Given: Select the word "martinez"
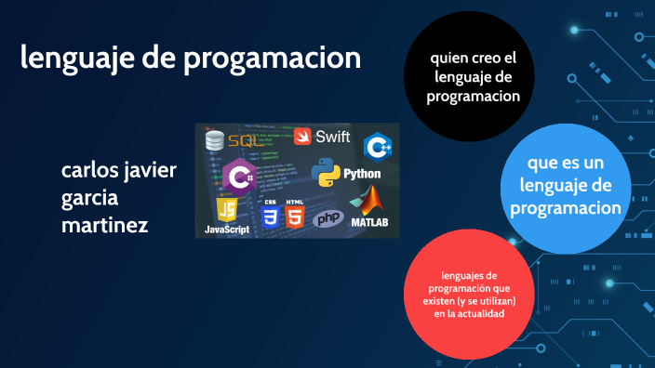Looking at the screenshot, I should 104,224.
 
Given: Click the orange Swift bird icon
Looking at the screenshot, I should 303,137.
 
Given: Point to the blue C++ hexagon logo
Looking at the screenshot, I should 378,147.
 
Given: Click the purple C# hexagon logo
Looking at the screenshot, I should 239,175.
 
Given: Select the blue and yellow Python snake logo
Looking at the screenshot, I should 325,174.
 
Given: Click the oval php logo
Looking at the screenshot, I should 327,218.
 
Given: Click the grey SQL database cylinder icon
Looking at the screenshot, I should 215,141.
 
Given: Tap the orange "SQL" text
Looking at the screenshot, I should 247,141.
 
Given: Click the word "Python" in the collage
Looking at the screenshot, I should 362,174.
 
